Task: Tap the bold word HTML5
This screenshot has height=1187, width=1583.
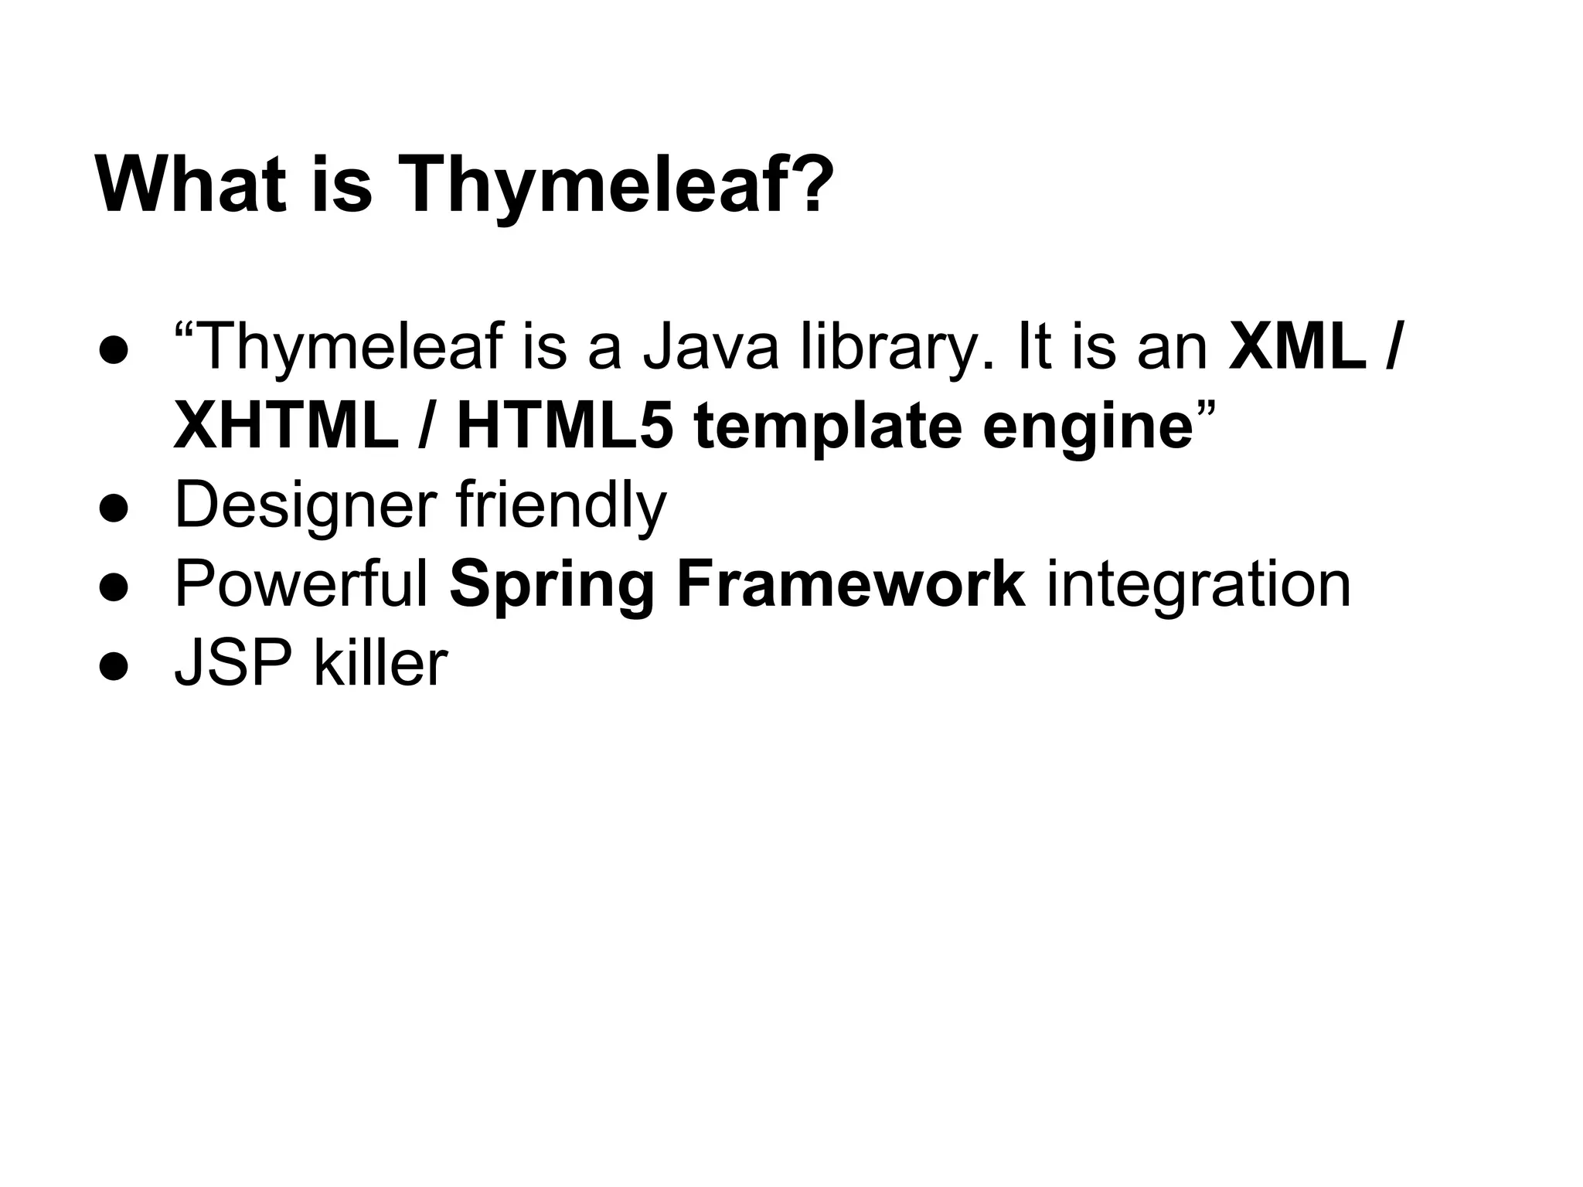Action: pos(564,427)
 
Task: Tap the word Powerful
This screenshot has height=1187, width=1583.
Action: pos(301,584)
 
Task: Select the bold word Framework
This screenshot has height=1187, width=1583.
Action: pos(851,584)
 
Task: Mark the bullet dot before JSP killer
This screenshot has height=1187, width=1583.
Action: pos(113,666)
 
